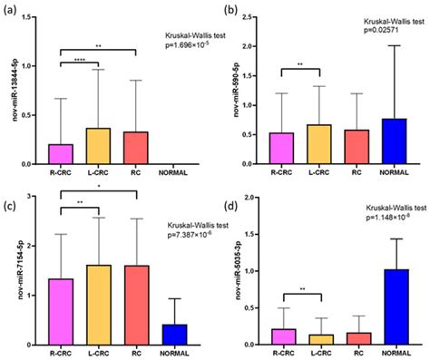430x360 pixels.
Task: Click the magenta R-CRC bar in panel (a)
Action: (61, 155)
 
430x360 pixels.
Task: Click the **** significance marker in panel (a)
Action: (79, 57)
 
